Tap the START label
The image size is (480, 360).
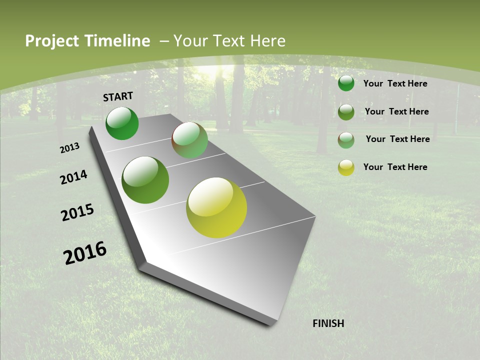(x=118, y=96)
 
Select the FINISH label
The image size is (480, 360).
(x=328, y=323)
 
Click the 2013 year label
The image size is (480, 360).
(x=70, y=148)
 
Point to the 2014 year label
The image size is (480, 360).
(x=74, y=177)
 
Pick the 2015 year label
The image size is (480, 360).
(x=77, y=212)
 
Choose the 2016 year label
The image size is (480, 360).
(x=85, y=253)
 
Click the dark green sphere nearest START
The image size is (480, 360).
(x=122, y=123)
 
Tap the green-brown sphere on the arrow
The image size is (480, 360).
(x=190, y=140)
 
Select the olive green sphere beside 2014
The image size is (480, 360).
(x=145, y=180)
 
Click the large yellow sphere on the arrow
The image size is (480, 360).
(x=216, y=207)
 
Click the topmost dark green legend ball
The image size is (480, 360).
(x=346, y=83)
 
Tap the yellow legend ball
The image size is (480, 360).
(x=346, y=167)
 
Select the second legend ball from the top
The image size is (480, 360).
(x=346, y=112)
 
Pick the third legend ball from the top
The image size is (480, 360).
(x=346, y=140)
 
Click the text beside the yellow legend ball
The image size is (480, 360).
(x=395, y=167)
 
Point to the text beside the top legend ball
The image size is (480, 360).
(x=395, y=83)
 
